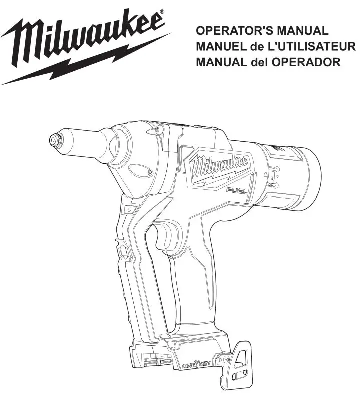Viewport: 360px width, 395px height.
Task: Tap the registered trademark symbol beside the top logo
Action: tap(161, 11)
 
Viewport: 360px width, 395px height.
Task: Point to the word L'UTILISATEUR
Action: tap(312, 47)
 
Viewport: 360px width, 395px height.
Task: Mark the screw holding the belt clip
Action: tap(228, 359)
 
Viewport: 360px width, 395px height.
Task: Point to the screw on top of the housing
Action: tap(158, 129)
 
